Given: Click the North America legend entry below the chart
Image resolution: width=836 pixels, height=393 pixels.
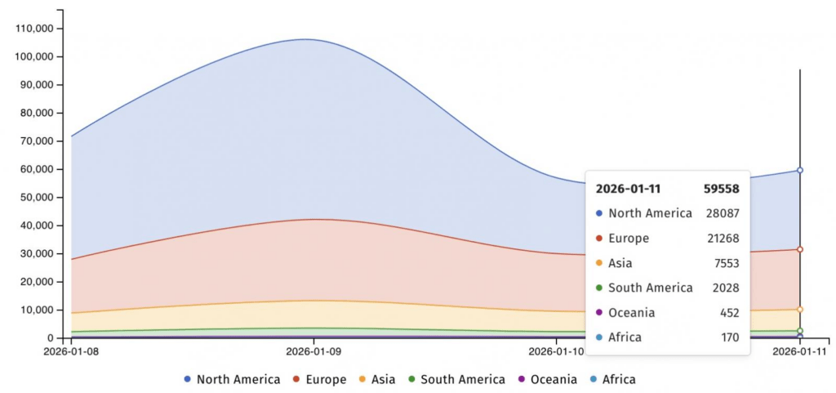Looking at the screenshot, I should [x=232, y=379].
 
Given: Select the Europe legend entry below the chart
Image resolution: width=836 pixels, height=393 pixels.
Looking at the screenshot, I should [x=323, y=379].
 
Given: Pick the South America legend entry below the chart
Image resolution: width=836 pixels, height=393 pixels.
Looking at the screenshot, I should [x=456, y=379].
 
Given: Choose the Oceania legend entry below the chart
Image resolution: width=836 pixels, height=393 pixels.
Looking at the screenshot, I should [x=547, y=379].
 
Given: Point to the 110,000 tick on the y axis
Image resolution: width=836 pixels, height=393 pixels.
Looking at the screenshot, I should [x=34, y=29].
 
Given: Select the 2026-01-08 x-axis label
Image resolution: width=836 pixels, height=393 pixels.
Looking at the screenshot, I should [x=71, y=352].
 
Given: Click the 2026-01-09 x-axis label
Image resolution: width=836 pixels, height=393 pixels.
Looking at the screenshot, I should [x=314, y=352].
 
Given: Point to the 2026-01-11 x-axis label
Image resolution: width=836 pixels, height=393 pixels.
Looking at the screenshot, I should [x=799, y=352].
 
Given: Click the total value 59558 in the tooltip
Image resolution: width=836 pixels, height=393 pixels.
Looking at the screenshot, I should [x=721, y=189].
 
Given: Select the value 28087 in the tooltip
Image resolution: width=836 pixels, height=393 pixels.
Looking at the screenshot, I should [x=723, y=213].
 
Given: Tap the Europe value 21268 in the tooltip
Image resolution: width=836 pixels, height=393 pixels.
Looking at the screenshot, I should [x=723, y=239].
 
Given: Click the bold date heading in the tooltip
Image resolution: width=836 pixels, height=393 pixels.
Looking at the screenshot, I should [x=628, y=189].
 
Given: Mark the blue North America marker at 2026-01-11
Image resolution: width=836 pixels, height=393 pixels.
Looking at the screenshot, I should [x=800, y=170].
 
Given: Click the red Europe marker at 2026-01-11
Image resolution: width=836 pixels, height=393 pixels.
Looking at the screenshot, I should [x=800, y=249].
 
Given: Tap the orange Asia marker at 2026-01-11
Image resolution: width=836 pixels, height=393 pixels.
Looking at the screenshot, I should [x=800, y=310].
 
